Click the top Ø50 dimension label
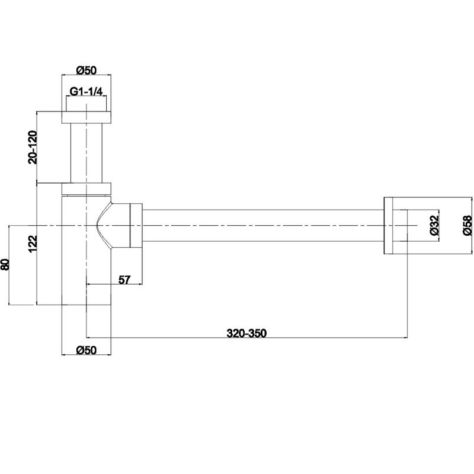tap(86, 70)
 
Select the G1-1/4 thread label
tap(86, 91)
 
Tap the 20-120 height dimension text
tap(33, 147)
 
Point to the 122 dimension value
tap(33, 244)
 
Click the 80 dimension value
tap(5, 264)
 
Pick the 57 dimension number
tap(124, 280)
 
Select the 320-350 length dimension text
tap(246, 333)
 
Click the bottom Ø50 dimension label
tap(86, 350)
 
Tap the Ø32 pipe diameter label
tap(434, 225)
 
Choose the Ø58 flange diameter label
tap(467, 225)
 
